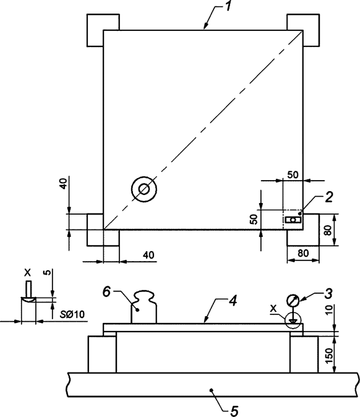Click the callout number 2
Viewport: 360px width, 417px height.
[x=329, y=197]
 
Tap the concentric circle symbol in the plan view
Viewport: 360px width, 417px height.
[x=144, y=189]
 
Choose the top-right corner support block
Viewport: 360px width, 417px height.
[x=304, y=29]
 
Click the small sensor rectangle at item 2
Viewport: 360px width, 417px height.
[x=293, y=220]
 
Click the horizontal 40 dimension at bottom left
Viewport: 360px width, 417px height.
[x=148, y=255]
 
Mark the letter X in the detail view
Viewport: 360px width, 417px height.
[x=27, y=272]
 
